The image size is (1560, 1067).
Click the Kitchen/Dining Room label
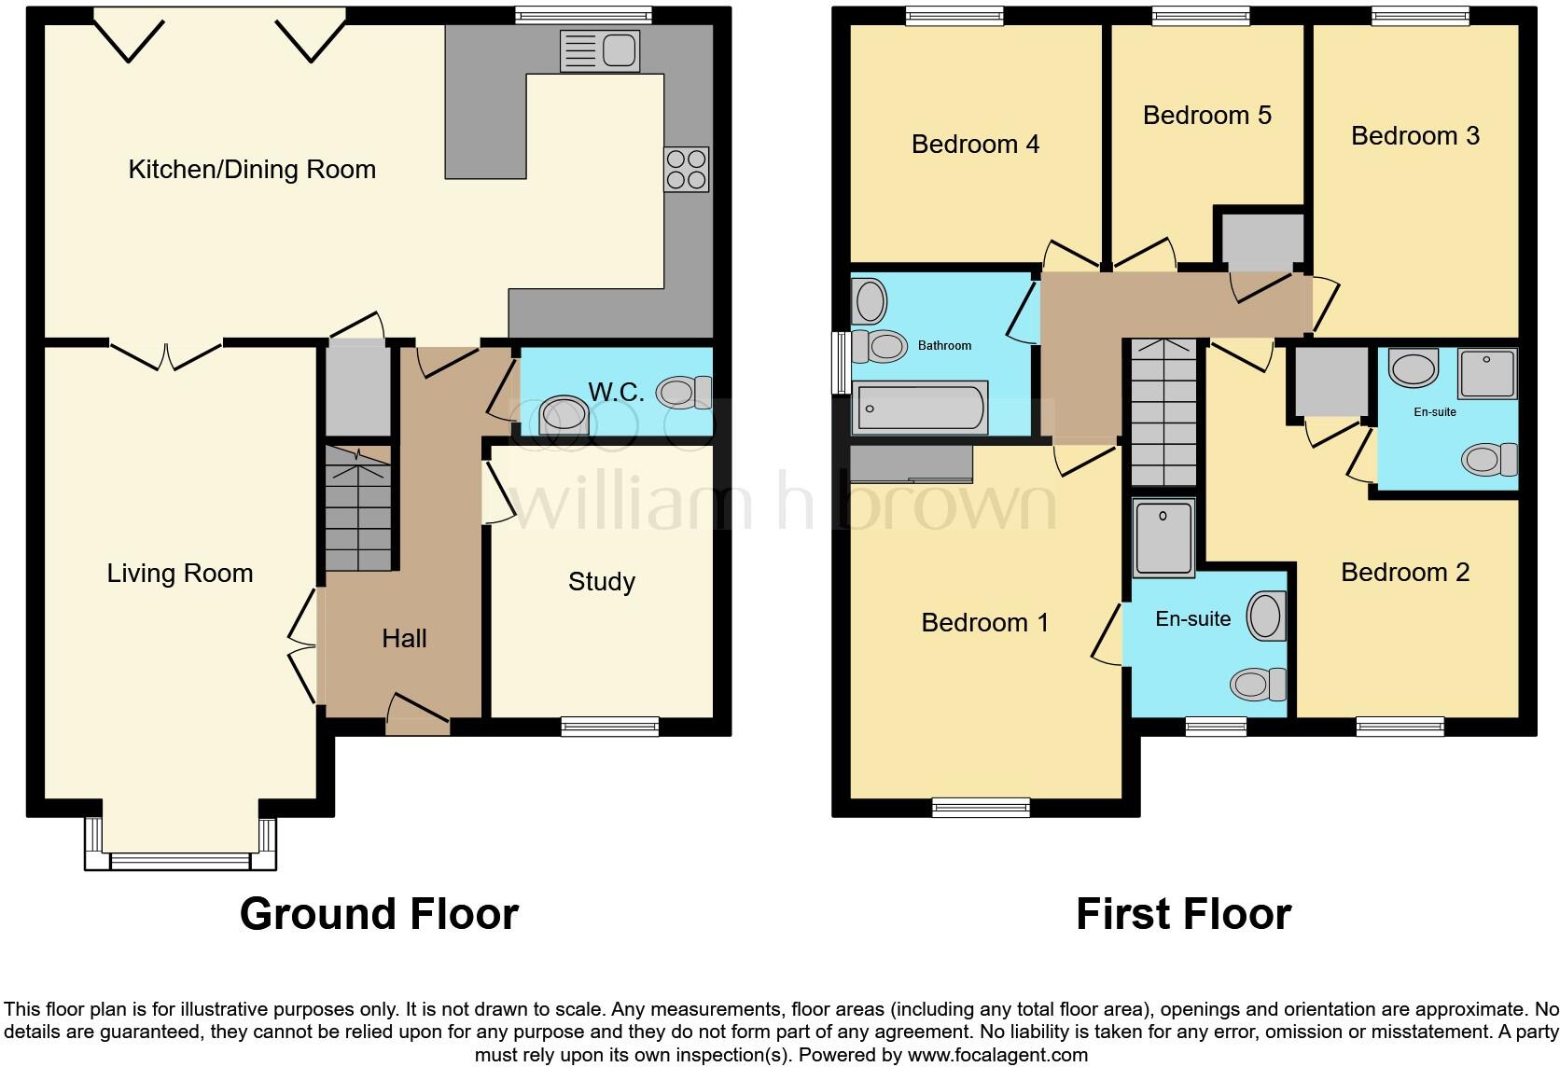(x=252, y=170)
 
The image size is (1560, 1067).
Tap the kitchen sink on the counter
(x=599, y=49)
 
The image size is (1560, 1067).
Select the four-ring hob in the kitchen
(x=686, y=169)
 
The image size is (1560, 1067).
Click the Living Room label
(x=180, y=573)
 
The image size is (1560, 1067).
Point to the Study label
(x=602, y=582)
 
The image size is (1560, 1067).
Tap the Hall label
(x=404, y=639)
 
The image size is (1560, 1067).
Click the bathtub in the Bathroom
(x=921, y=408)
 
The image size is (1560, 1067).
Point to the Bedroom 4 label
(x=975, y=145)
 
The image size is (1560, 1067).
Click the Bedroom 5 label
(x=1206, y=116)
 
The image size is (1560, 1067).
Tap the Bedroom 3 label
(x=1414, y=136)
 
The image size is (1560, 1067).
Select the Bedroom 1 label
(x=984, y=623)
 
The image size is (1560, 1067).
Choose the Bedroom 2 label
(x=1404, y=573)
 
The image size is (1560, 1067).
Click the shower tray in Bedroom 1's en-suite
(x=1163, y=537)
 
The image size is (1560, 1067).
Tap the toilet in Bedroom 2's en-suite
(x=1490, y=459)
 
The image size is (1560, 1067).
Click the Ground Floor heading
(x=379, y=914)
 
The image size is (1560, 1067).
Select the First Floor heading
(x=1183, y=914)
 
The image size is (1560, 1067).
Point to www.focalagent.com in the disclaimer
(x=996, y=1056)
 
